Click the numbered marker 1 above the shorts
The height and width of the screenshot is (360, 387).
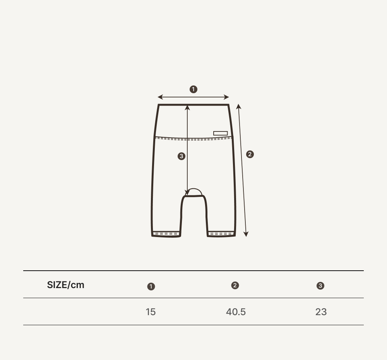(x=193, y=89)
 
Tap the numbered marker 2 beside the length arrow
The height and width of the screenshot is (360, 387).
(x=250, y=154)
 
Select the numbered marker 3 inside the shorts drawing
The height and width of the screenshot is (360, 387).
(x=182, y=156)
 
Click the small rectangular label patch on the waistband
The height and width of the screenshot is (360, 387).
(x=221, y=133)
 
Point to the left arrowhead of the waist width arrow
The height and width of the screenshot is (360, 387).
(x=160, y=97)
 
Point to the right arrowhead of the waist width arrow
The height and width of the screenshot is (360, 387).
(x=226, y=97)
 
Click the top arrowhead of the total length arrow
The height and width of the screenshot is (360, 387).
(x=238, y=106)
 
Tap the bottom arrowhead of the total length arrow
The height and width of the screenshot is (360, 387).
(x=246, y=234)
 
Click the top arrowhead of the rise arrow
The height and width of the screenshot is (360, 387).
(x=187, y=107)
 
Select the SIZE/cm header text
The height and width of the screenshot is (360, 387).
(x=66, y=285)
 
